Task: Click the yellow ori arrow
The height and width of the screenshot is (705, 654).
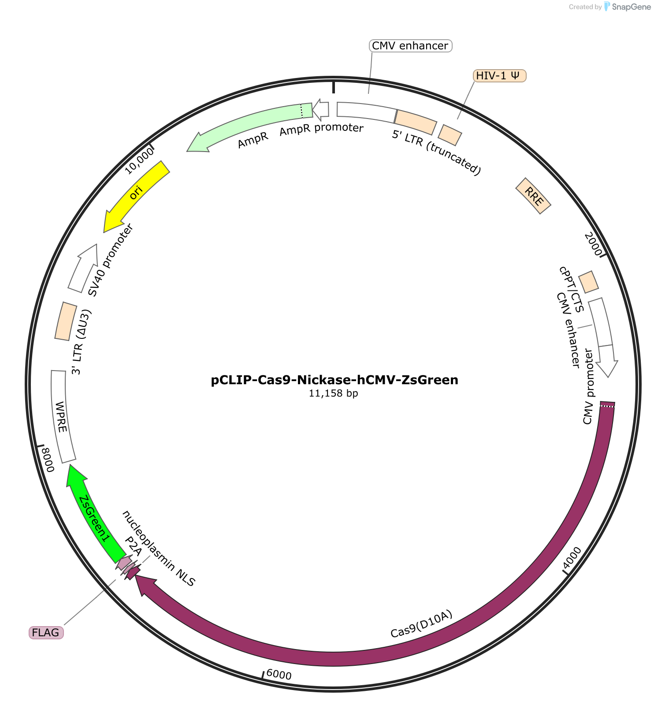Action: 134,194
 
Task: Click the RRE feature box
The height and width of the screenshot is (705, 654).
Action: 533,196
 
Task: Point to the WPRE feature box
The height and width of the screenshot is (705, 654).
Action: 62,416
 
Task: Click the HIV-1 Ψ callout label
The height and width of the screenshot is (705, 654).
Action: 500,76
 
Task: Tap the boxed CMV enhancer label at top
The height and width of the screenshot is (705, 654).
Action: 410,46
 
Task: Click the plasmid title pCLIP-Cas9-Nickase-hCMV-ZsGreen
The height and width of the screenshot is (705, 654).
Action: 334,380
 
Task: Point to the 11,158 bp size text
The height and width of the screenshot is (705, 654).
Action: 334,393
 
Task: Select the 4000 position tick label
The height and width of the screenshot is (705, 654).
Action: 572,558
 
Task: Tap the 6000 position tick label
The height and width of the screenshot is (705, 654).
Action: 279,675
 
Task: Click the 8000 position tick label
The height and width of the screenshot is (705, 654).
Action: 47,460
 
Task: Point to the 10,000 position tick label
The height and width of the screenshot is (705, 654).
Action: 139,160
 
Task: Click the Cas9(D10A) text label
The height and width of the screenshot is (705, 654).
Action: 422,624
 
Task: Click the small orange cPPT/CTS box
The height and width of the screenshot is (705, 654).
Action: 588,282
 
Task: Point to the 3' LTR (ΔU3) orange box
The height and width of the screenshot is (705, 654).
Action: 66,321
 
